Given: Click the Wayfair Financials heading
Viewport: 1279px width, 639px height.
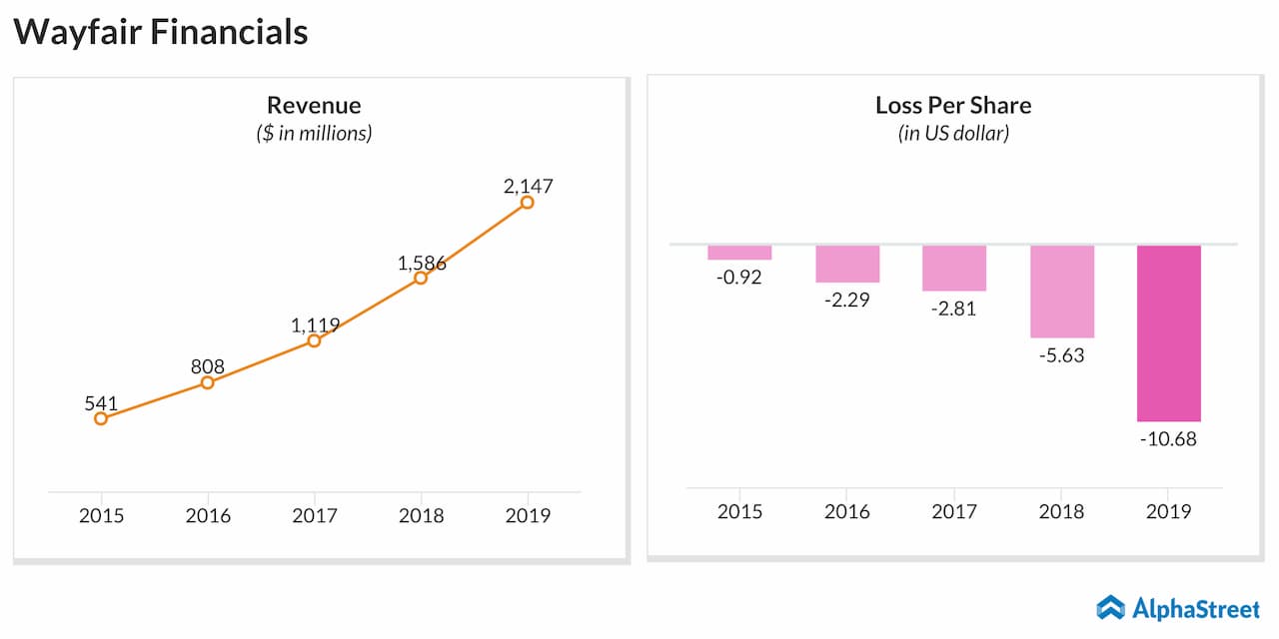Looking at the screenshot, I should pyautogui.click(x=161, y=32).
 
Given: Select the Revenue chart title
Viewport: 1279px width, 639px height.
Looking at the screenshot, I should pyautogui.click(x=314, y=105).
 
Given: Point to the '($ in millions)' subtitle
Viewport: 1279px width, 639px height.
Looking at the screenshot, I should pyautogui.click(x=314, y=133).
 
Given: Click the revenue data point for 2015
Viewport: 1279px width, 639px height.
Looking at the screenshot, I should pyautogui.click(x=101, y=418).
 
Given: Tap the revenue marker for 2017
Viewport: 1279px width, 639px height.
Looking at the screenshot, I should pyautogui.click(x=314, y=340).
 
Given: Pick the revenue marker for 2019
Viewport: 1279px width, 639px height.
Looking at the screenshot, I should pyautogui.click(x=528, y=203).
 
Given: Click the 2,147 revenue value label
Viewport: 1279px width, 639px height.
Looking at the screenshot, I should pyautogui.click(x=528, y=186).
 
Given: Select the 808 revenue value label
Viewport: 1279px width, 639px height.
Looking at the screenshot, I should pyautogui.click(x=208, y=366).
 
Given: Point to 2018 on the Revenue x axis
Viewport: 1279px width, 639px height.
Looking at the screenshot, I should pyautogui.click(x=421, y=515).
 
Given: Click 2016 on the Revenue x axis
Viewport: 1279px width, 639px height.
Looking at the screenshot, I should pyautogui.click(x=208, y=515).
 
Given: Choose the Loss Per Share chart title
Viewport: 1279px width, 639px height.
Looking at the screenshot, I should pyautogui.click(x=953, y=105).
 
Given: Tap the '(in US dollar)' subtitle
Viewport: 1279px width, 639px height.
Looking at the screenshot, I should pyautogui.click(x=953, y=133).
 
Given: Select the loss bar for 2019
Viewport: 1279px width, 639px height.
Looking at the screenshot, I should pyautogui.click(x=1169, y=332).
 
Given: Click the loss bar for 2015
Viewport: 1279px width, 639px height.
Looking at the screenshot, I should pyautogui.click(x=739, y=253).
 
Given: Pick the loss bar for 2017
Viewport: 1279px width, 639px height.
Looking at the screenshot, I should pyautogui.click(x=954, y=269).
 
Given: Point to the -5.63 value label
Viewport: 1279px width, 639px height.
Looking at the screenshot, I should pyautogui.click(x=1061, y=355).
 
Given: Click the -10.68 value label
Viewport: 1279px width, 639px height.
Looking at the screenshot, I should pyautogui.click(x=1169, y=438).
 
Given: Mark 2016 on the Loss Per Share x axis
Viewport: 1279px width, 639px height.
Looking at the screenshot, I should pyautogui.click(x=846, y=511).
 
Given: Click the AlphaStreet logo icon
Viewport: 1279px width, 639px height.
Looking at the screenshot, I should pyautogui.click(x=1110, y=607).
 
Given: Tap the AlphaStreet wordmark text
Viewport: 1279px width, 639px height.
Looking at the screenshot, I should pyautogui.click(x=1196, y=607).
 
